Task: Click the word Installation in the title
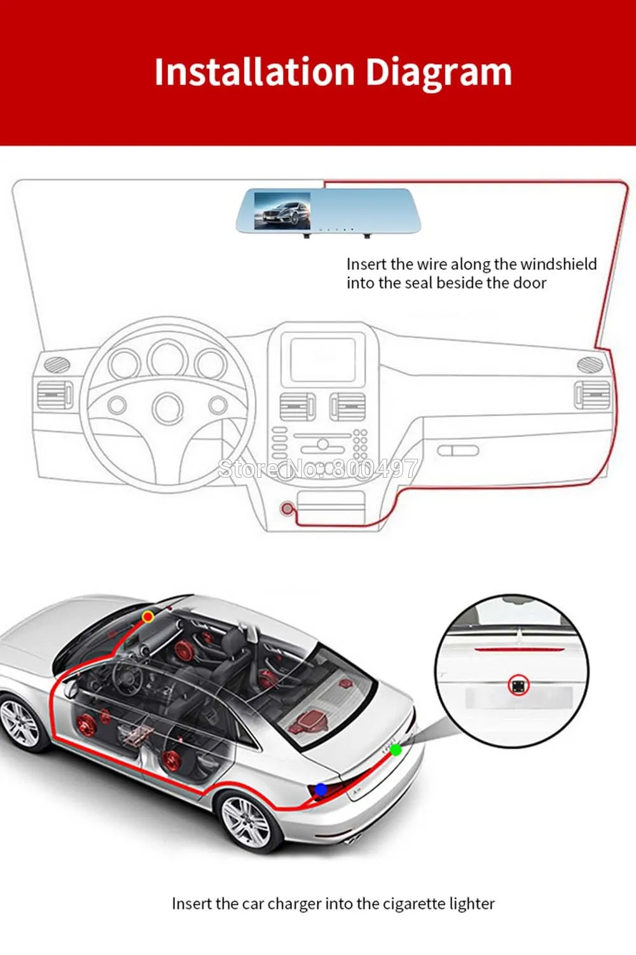254,71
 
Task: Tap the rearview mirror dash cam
328,212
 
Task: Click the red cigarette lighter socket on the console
287,508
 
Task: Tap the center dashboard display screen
323,360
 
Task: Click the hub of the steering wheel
168,408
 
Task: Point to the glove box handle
459,450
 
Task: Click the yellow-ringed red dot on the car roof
148,617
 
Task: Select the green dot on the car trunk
396,750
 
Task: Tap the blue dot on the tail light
321,790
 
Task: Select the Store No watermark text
317,468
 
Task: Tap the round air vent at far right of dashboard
590,364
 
